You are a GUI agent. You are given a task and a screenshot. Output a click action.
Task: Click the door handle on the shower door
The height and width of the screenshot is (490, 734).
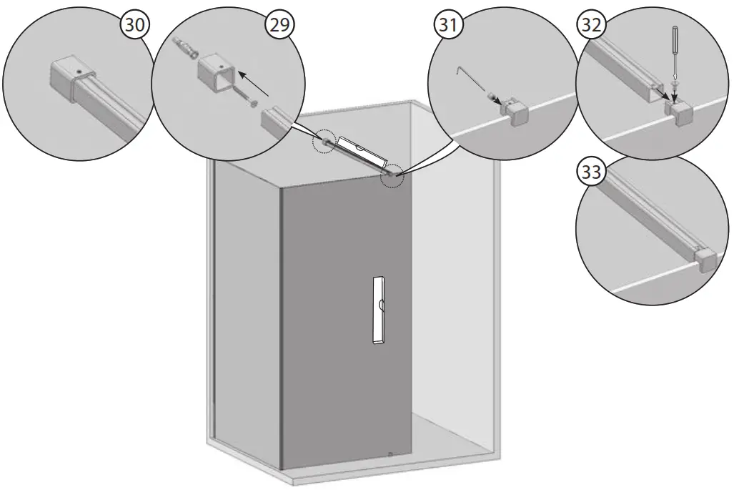(x=377, y=310)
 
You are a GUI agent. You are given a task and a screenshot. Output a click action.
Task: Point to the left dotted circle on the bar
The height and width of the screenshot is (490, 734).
(x=326, y=142)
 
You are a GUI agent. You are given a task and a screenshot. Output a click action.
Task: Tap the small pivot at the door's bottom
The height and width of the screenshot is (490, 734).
(x=390, y=453)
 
